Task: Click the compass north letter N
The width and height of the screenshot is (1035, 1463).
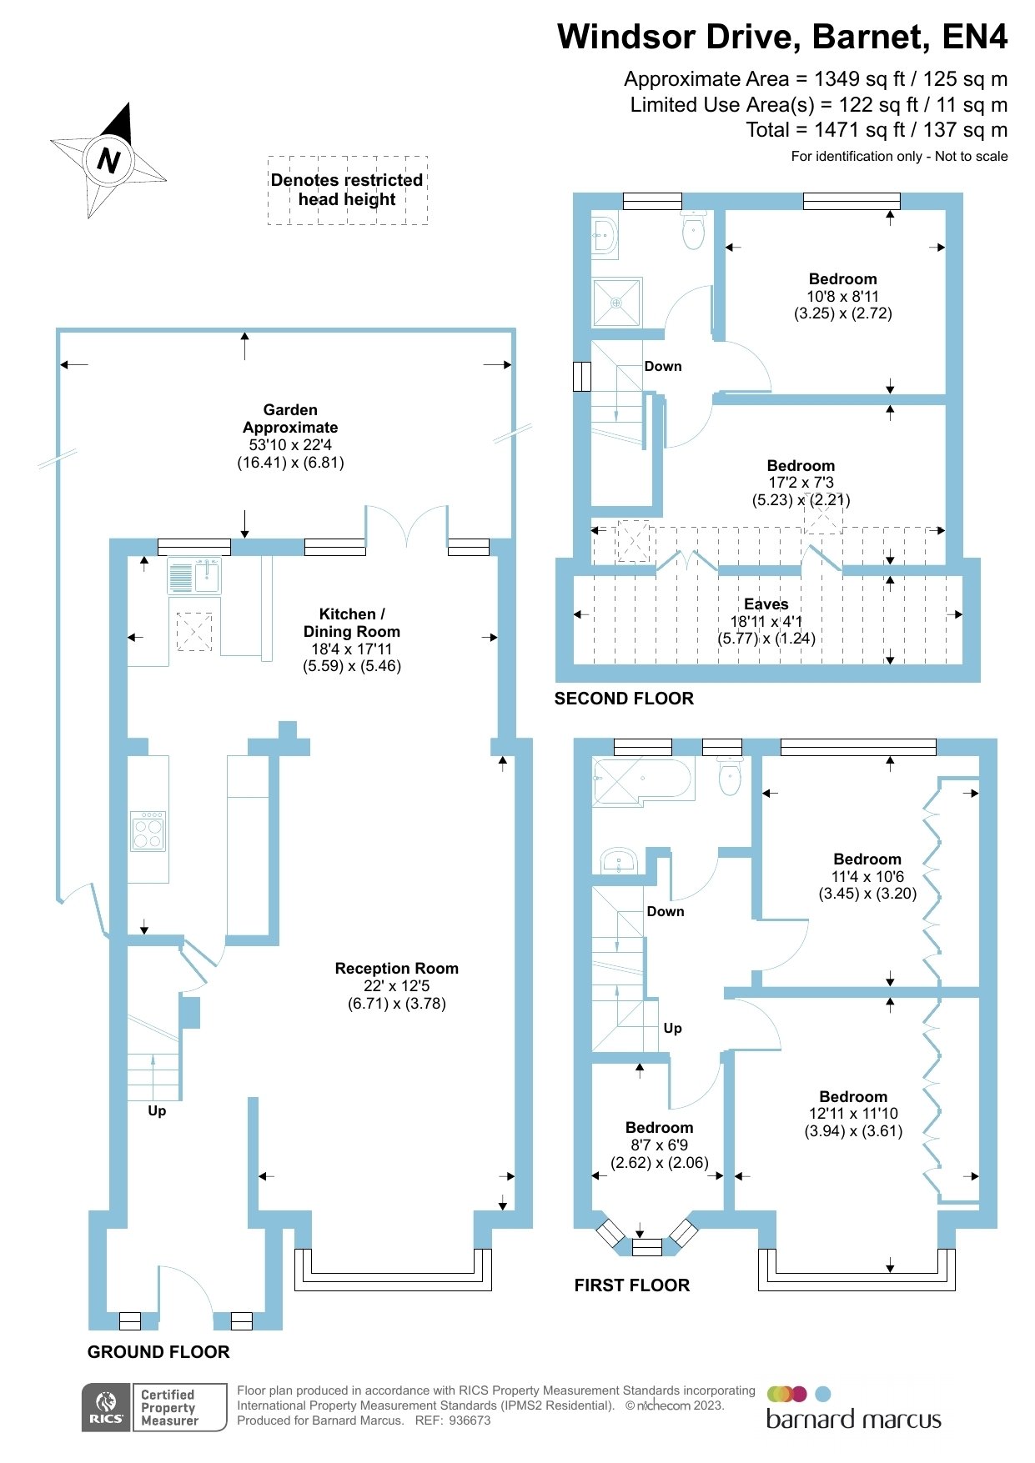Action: (108, 159)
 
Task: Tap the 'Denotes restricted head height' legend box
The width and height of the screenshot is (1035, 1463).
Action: (348, 190)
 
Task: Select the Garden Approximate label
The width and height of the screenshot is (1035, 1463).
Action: (290, 418)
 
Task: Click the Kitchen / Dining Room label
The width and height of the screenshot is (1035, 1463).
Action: (352, 623)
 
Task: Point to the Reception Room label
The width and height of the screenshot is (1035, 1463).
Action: (397, 969)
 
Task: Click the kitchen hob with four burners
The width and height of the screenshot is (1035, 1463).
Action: (148, 831)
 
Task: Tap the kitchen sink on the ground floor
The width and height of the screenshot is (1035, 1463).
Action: (194, 576)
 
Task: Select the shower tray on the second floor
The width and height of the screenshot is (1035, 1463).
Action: (618, 302)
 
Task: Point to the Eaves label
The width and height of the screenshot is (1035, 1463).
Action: (766, 604)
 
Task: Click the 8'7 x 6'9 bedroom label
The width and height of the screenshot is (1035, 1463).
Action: (660, 1145)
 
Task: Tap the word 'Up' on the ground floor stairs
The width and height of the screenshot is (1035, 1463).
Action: (157, 1111)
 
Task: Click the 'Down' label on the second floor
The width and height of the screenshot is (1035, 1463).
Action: (663, 366)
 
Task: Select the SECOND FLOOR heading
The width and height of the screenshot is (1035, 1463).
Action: (624, 699)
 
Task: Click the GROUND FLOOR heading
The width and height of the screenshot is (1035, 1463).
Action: (158, 1352)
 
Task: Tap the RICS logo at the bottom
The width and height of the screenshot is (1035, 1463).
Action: (106, 1408)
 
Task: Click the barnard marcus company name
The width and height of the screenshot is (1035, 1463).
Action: (853, 1420)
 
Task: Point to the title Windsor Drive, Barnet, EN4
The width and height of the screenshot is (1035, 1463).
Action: (782, 37)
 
